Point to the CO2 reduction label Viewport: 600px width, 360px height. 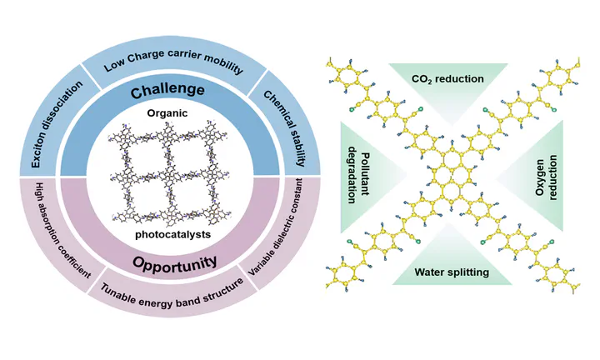coord(447,79)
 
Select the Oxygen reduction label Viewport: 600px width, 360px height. coord(543,175)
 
